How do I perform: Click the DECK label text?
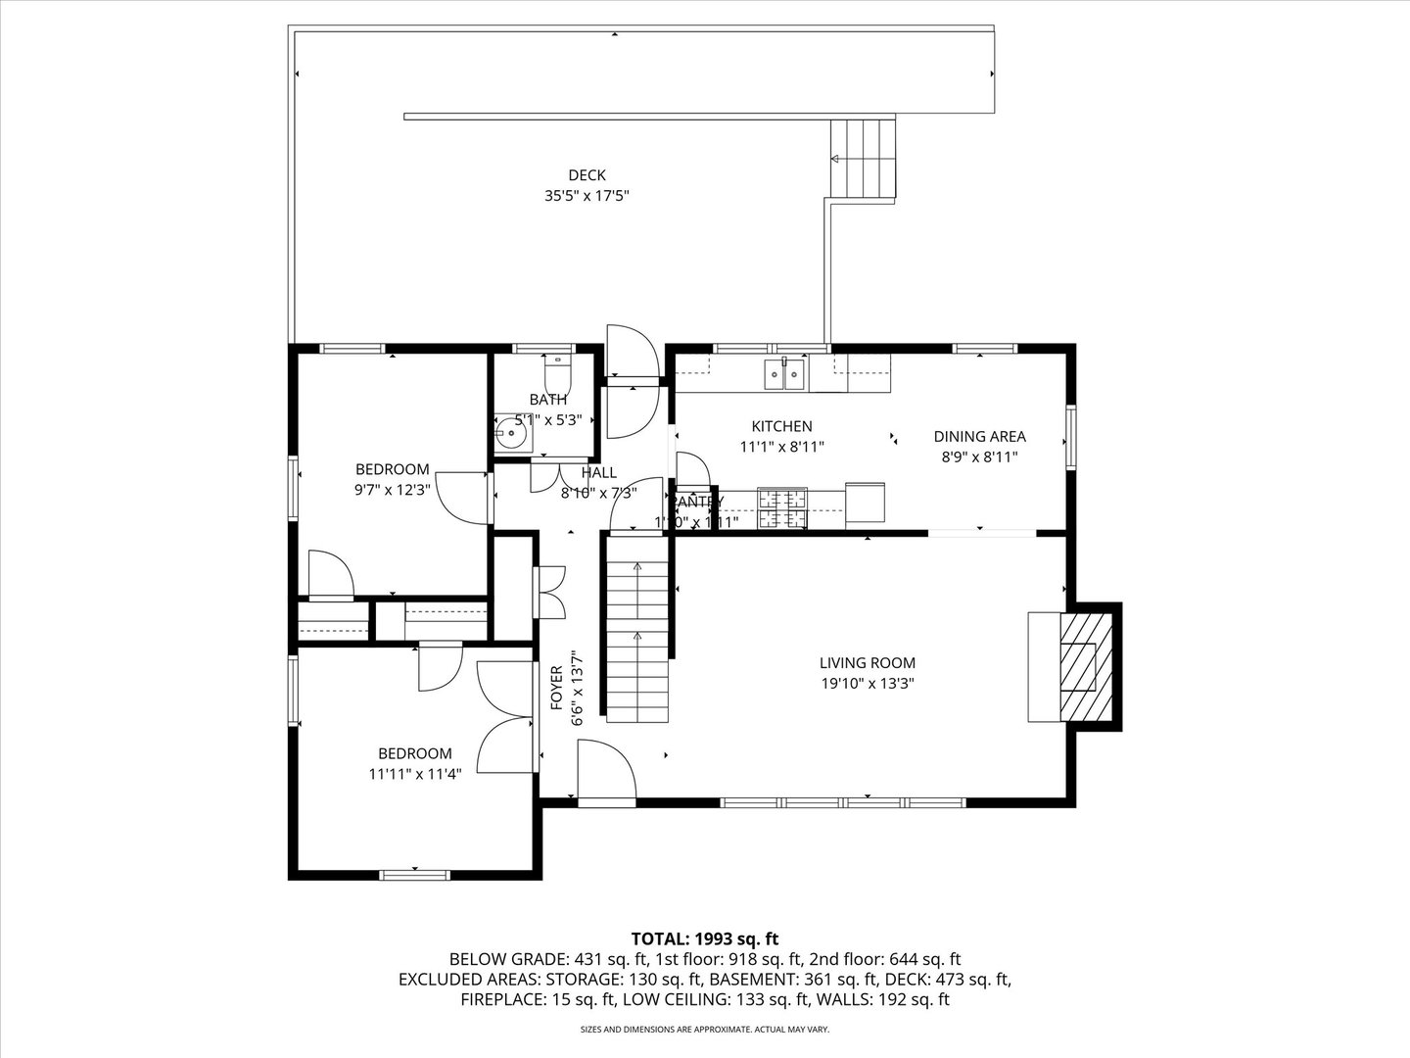587,175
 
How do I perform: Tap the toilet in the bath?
557,373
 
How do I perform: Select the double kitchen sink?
784,374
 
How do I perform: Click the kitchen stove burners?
782,507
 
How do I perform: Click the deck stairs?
864,159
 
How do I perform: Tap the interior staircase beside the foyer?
636,627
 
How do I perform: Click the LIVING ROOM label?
867,663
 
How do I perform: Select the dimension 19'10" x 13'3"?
867,685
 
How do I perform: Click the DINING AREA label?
979,437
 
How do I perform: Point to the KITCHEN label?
781,426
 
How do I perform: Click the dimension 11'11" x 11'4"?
415,773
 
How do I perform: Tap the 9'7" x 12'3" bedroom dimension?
392,489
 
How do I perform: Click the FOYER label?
556,688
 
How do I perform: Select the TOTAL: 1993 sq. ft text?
704,938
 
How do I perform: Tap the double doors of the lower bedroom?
507,720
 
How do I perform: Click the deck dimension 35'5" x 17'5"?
587,195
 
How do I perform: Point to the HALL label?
598,473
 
